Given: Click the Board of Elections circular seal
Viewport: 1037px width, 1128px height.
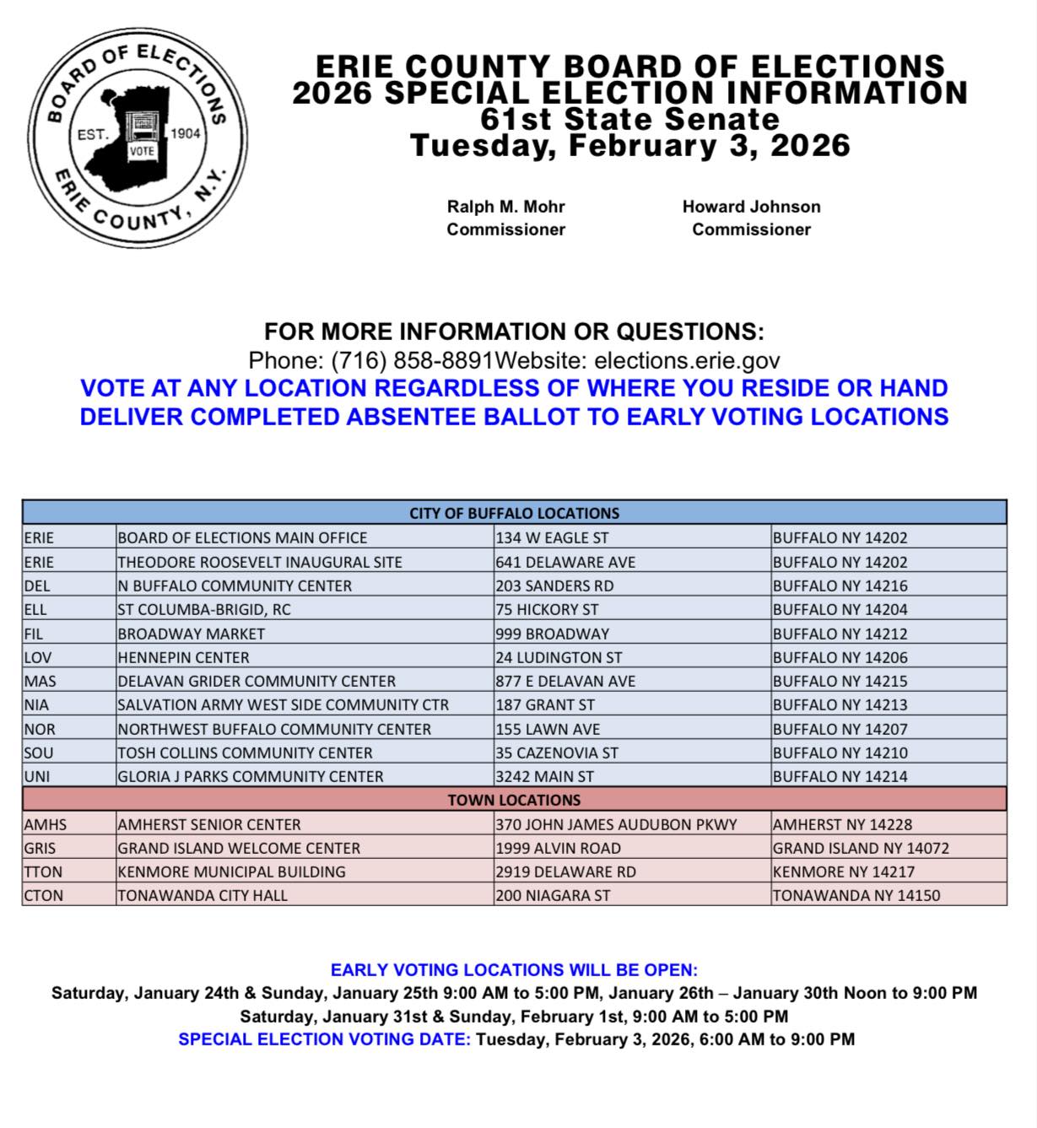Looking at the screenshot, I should (138, 138).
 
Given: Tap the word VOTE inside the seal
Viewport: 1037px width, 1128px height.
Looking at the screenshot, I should (142, 151).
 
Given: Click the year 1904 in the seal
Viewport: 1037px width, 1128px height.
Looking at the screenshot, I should (185, 133).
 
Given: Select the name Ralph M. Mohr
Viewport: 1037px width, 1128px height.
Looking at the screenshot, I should (505, 207).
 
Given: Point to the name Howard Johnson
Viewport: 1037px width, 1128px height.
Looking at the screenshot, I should (751, 207).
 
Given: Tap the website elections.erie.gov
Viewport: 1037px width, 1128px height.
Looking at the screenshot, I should (687, 361).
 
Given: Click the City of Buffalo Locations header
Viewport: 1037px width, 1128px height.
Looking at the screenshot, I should (514, 513).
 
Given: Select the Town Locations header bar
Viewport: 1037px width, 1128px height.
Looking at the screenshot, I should (514, 800).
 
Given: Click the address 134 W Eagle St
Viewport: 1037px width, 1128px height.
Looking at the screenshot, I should (552, 537).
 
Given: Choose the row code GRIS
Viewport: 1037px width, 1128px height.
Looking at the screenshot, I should (41, 848).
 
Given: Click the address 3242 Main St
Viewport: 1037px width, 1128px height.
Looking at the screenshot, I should (544, 776).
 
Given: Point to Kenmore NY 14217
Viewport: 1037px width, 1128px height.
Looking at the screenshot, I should (843, 872).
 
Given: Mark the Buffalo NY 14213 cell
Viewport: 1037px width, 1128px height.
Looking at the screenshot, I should (840, 704).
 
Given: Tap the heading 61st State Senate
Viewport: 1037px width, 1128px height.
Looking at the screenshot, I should (629, 119).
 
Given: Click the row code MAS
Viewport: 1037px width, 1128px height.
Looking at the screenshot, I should (41, 681).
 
